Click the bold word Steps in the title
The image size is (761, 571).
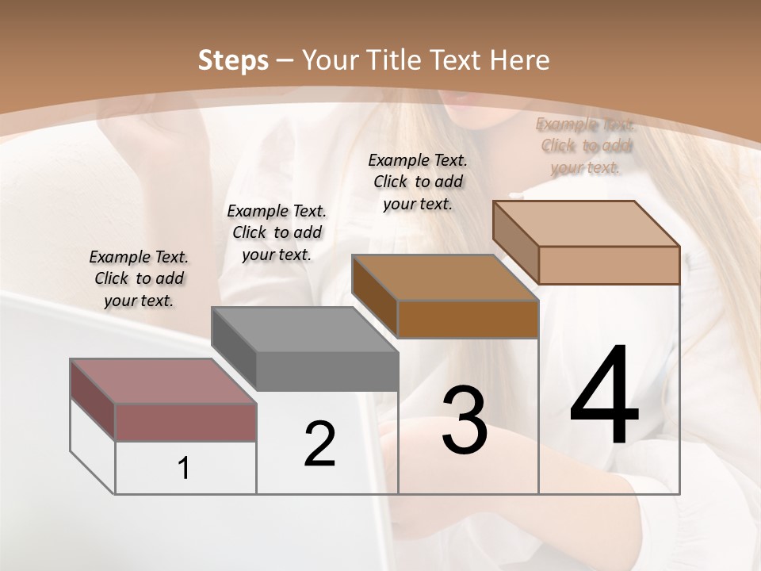233,60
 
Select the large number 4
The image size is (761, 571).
604,397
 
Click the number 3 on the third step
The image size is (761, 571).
465,420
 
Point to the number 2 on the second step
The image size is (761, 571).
319,444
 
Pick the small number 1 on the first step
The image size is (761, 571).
184,468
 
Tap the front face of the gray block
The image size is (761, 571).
327,371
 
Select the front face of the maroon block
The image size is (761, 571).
185,422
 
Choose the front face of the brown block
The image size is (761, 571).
468,319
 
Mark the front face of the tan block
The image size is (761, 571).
609,265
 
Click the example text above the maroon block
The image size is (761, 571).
139,279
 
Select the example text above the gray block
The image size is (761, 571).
277,233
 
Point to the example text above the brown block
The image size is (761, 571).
418,182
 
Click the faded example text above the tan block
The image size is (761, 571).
586,146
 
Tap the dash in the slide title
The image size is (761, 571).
285,60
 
